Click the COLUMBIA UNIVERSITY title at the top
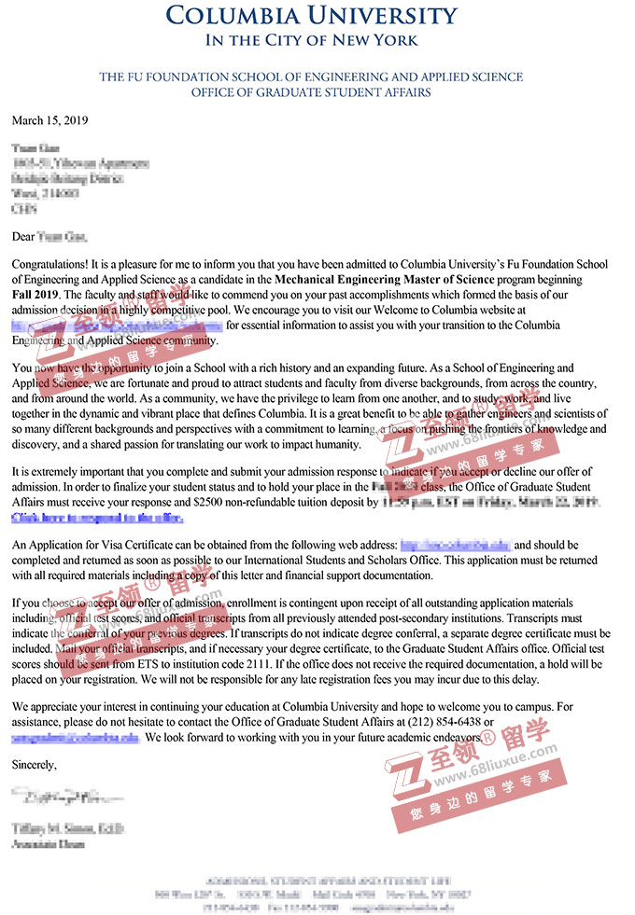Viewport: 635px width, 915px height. (x=311, y=16)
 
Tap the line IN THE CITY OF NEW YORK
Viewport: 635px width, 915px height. (x=311, y=40)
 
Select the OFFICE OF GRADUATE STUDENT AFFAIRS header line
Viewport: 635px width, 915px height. (x=311, y=92)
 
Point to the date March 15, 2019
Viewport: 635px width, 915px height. (x=49, y=121)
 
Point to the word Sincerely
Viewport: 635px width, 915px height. (x=34, y=765)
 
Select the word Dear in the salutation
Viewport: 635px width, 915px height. (x=24, y=213)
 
